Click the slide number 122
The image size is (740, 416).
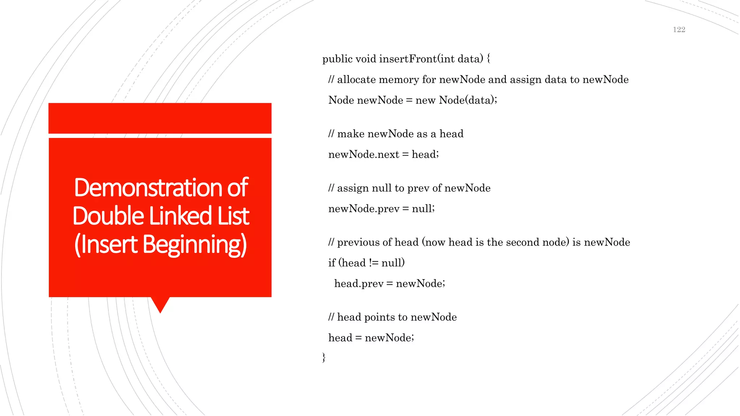[679, 30]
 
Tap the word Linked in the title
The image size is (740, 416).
[180, 216]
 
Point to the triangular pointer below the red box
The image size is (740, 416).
[160, 304]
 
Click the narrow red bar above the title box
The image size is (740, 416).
[160, 118]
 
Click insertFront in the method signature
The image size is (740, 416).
[408, 59]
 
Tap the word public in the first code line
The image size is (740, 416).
[337, 59]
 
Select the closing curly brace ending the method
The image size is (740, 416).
[324, 357]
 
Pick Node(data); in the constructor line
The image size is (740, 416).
[468, 100]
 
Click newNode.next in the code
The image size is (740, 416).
[363, 155]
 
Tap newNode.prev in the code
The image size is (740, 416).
[363, 209]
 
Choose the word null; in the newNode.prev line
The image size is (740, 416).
[423, 209]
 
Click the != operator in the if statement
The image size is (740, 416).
[374, 263]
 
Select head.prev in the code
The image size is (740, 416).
[358, 283]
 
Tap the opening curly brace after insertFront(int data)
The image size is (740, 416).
[489, 59]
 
